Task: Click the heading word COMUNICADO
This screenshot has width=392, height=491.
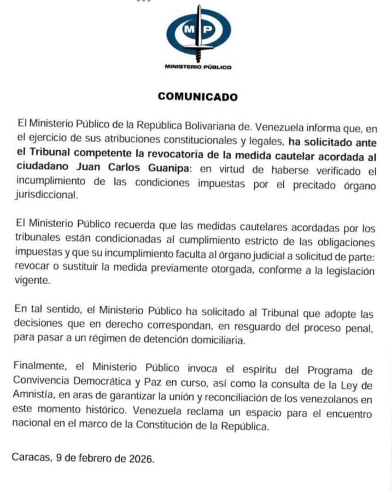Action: point(198,97)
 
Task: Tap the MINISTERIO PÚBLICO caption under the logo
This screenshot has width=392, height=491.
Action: point(198,67)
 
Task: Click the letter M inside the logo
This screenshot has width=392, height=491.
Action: point(189,31)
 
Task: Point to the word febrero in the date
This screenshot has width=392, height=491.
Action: point(94,458)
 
